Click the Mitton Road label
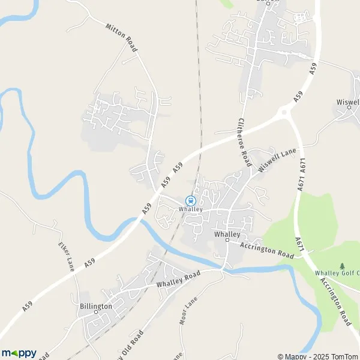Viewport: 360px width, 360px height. click(121, 37)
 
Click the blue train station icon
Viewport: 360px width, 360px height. click(190, 200)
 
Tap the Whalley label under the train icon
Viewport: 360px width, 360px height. click(190, 209)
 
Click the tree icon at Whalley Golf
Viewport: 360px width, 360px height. click(342, 265)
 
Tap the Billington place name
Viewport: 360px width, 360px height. click(95, 306)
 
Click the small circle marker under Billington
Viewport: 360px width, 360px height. click(95, 313)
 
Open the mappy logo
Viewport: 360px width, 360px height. click(19, 353)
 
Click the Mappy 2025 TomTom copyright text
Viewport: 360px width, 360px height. click(317, 355)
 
